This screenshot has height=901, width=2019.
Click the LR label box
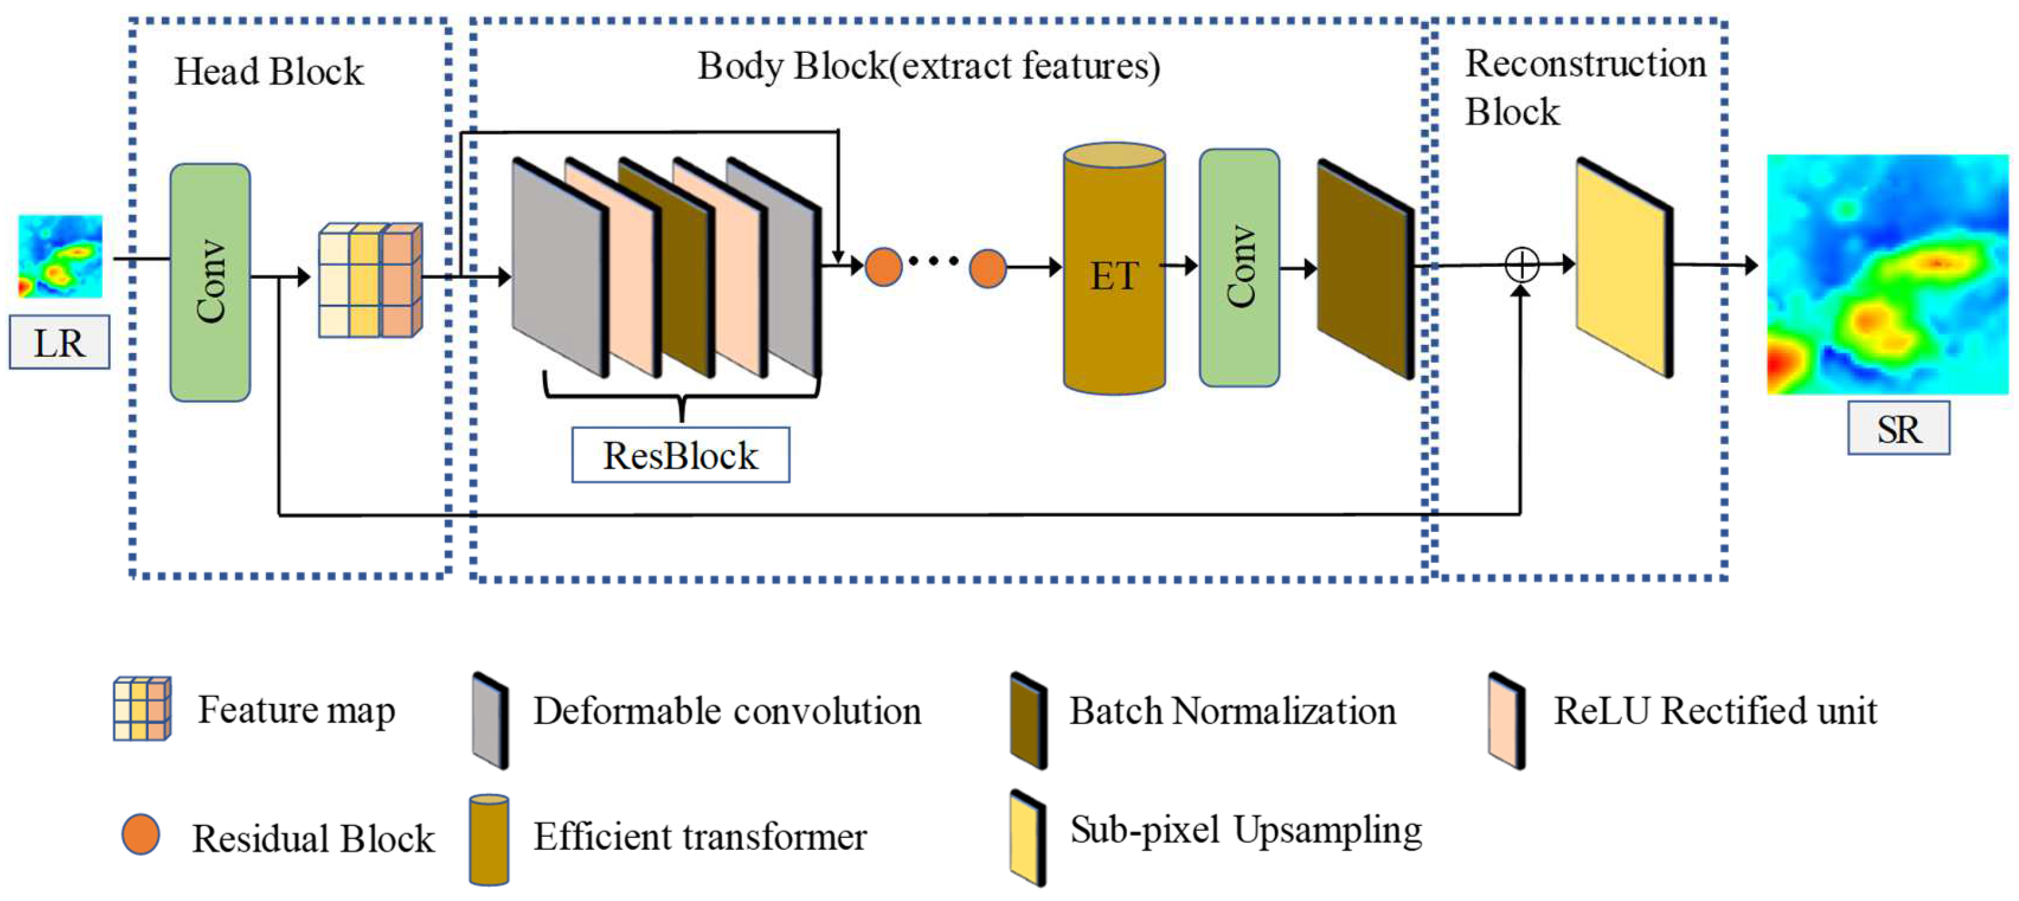pyautogui.click(x=60, y=343)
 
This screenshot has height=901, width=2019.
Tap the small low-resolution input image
pyautogui.click(x=60, y=256)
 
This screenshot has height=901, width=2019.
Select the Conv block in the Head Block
pyautogui.click(x=210, y=282)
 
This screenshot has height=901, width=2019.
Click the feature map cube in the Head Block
pyautogui.click(x=370, y=280)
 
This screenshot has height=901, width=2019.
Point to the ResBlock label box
pyautogui.click(x=680, y=455)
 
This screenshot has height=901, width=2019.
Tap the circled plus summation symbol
pyautogui.click(x=1522, y=265)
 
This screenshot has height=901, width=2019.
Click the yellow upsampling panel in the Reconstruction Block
pyautogui.click(x=1624, y=269)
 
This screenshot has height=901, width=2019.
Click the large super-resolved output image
pyautogui.click(x=1887, y=275)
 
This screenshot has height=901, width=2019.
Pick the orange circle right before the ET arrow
pyautogui.click(x=988, y=269)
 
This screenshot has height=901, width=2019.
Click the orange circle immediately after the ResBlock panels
pyautogui.click(x=883, y=267)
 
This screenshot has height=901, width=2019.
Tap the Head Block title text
pyautogui.click(x=269, y=72)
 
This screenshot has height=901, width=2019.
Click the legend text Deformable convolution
pyautogui.click(x=726, y=711)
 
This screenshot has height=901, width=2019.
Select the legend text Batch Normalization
pyautogui.click(x=1232, y=711)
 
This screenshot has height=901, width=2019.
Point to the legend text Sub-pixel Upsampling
pyautogui.click(x=1246, y=830)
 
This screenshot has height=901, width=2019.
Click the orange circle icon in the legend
pyautogui.click(x=141, y=834)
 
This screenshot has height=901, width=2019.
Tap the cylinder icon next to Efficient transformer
pyautogui.click(x=489, y=840)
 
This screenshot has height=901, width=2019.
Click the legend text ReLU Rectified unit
pyautogui.click(x=1715, y=711)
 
